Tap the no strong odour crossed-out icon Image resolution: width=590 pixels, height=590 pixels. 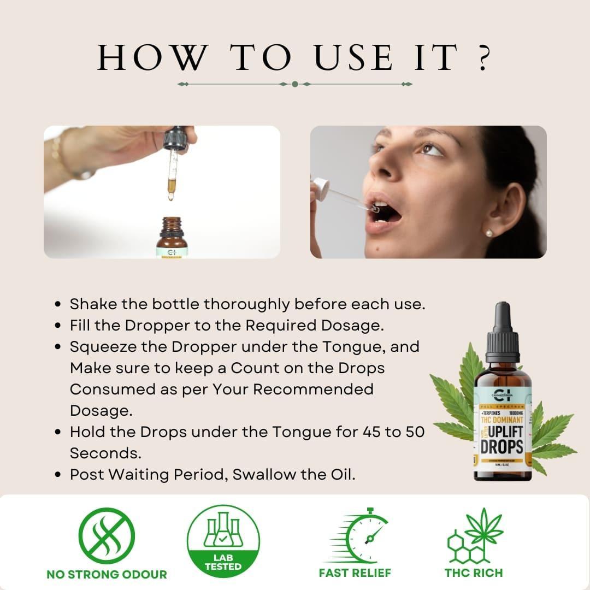point(107,535)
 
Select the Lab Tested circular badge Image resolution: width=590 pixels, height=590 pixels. point(223,541)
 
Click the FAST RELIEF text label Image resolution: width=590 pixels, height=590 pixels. point(355,573)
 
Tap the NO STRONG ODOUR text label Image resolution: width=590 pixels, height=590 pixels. point(107,574)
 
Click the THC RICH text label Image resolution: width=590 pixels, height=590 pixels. point(474,573)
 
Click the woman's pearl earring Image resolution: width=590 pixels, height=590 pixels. point(489,233)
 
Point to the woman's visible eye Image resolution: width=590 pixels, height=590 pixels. point(430,149)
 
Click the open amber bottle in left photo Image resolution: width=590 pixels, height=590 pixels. point(171,238)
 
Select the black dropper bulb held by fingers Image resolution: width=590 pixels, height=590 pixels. point(176,137)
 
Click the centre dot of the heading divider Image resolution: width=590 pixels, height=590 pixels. point(295,84)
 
